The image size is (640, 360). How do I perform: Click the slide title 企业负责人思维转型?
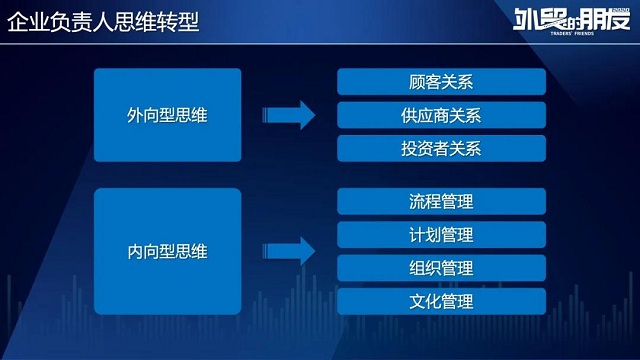pos(103,21)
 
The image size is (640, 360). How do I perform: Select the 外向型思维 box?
pos(168,115)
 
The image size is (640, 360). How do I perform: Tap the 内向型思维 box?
pos(168,251)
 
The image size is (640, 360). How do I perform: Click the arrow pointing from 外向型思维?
pos(289,115)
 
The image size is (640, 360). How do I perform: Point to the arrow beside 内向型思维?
pos(289,251)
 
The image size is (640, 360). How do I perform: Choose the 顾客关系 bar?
pos(441,81)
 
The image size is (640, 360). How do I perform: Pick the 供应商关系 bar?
pos(441,115)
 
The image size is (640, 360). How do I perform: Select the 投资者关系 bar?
pos(441,148)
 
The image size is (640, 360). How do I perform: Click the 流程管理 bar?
pos(441,201)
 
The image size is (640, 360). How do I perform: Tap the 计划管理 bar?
pos(441,235)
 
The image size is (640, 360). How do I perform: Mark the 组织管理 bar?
pos(441,268)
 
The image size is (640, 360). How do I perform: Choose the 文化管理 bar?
pos(441,301)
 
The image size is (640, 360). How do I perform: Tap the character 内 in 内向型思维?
pos(136,251)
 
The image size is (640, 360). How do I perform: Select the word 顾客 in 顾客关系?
pos(425,81)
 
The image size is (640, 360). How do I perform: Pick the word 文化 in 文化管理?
pos(425,301)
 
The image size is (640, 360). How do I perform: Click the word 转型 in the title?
pos(178,21)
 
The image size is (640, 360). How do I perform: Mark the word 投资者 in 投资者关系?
pos(425,148)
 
